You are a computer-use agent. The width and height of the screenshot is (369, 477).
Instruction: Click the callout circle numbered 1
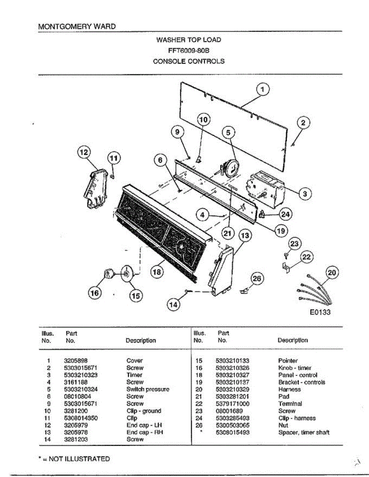click(263, 90)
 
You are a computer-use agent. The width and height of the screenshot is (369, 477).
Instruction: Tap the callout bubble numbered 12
click(84, 152)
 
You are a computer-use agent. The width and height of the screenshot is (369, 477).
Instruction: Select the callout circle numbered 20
click(332, 273)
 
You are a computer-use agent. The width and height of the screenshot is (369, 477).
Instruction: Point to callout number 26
click(257, 279)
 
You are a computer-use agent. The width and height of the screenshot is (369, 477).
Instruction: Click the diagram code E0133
click(320, 312)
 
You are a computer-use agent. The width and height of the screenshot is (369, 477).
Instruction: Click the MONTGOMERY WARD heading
click(77, 27)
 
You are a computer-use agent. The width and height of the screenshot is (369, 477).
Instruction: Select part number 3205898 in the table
click(75, 361)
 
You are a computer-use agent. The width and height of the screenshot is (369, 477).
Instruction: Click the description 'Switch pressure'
click(148, 390)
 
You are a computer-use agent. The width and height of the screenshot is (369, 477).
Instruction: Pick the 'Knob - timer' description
click(295, 368)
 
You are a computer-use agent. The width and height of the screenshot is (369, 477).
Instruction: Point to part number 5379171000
click(232, 404)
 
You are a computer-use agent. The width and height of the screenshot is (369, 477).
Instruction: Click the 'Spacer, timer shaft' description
click(304, 432)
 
